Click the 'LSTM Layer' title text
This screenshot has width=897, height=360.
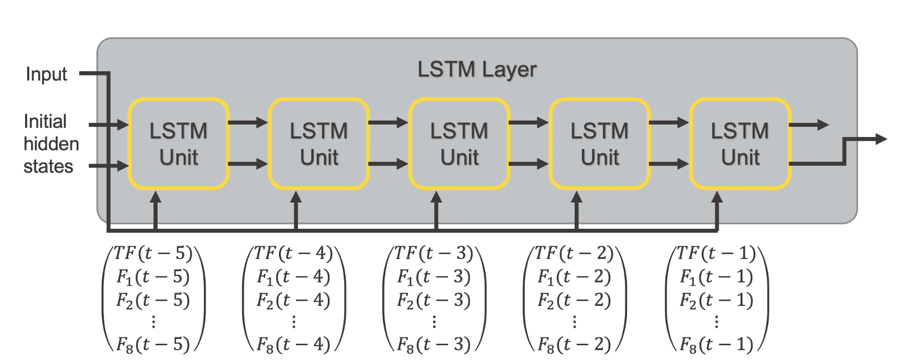point(477,70)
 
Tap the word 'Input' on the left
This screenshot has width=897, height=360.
point(46,74)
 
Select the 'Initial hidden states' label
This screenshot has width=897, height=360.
point(50,144)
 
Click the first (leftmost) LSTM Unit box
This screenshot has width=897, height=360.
point(179,144)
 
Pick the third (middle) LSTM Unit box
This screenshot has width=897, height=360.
point(459,144)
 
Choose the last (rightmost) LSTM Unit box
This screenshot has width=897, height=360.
point(740,144)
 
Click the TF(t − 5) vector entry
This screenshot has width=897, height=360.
point(153,254)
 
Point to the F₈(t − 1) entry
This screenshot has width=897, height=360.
point(716,345)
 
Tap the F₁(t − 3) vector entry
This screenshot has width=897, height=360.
point(434,277)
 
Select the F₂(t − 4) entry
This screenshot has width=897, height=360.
point(293,300)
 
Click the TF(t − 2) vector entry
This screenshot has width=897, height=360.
point(574,254)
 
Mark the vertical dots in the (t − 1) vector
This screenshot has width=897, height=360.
point(717,322)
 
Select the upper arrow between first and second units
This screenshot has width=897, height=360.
point(249,122)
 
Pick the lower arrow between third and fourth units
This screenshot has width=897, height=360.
point(529,164)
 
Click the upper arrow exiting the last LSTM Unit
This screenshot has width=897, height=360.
point(810,125)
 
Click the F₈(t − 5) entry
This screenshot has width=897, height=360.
point(153,345)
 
